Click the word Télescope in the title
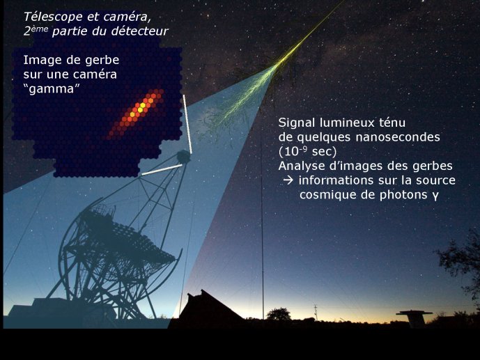click(53, 17)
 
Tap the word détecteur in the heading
click(140, 31)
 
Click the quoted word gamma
click(52, 89)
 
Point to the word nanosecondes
click(398, 137)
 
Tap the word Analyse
click(301, 166)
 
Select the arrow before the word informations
click(288, 180)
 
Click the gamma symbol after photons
click(435, 196)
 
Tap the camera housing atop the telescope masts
click(183, 157)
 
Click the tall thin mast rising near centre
click(262, 214)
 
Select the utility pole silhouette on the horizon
click(316, 312)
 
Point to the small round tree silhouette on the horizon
click(279, 314)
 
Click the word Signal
click(297, 123)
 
